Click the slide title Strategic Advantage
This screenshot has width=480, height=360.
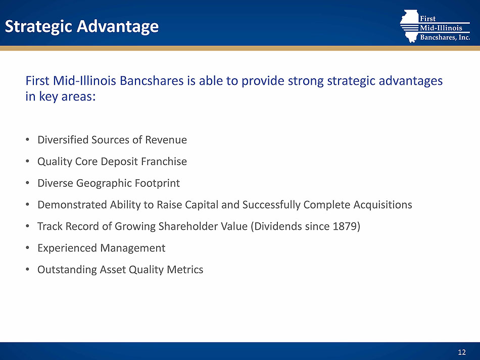(x=82, y=27)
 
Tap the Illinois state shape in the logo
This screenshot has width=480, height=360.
(x=410, y=26)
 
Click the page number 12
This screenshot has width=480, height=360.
(x=462, y=352)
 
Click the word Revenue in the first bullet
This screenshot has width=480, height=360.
(x=166, y=140)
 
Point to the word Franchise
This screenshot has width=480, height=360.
(x=164, y=162)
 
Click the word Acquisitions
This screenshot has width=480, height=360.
(x=382, y=204)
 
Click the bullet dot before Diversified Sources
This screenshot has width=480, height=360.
(x=28, y=140)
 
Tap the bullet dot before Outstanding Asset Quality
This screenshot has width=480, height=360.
(x=28, y=270)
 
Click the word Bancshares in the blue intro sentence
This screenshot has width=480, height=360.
(x=152, y=81)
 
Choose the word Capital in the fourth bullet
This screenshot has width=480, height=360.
(x=202, y=204)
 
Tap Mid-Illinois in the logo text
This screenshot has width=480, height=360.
(x=441, y=28)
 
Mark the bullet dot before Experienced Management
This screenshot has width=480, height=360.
(x=28, y=248)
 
